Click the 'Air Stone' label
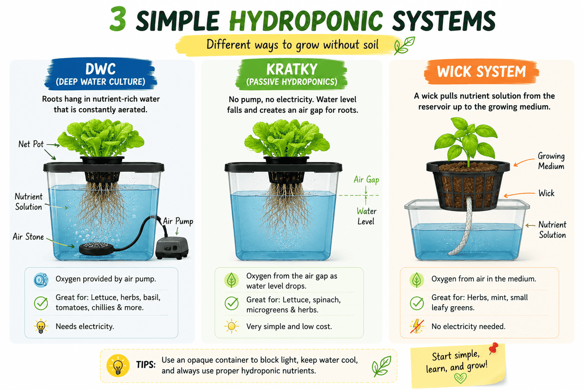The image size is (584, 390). click(28, 237)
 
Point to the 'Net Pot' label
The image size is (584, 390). click(31, 144)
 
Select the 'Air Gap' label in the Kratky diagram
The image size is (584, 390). click(366, 180)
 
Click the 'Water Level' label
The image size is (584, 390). click(366, 216)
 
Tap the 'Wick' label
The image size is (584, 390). click(547, 194)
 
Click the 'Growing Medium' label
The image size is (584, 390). click(551, 161)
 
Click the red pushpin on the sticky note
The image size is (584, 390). click(493, 349)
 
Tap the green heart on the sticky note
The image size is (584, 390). click(460, 378)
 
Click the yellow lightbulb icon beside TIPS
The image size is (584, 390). click(118, 366)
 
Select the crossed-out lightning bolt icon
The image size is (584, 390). click(417, 326)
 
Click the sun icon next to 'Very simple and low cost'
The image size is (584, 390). click(231, 326)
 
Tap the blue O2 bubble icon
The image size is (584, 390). click(41, 280)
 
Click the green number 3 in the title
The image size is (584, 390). click(118, 19)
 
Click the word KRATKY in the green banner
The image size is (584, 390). click(292, 69)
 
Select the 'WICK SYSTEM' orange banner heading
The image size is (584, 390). click(481, 72)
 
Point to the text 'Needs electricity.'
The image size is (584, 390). click(85, 327)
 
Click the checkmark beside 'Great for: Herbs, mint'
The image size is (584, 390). click(417, 303)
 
